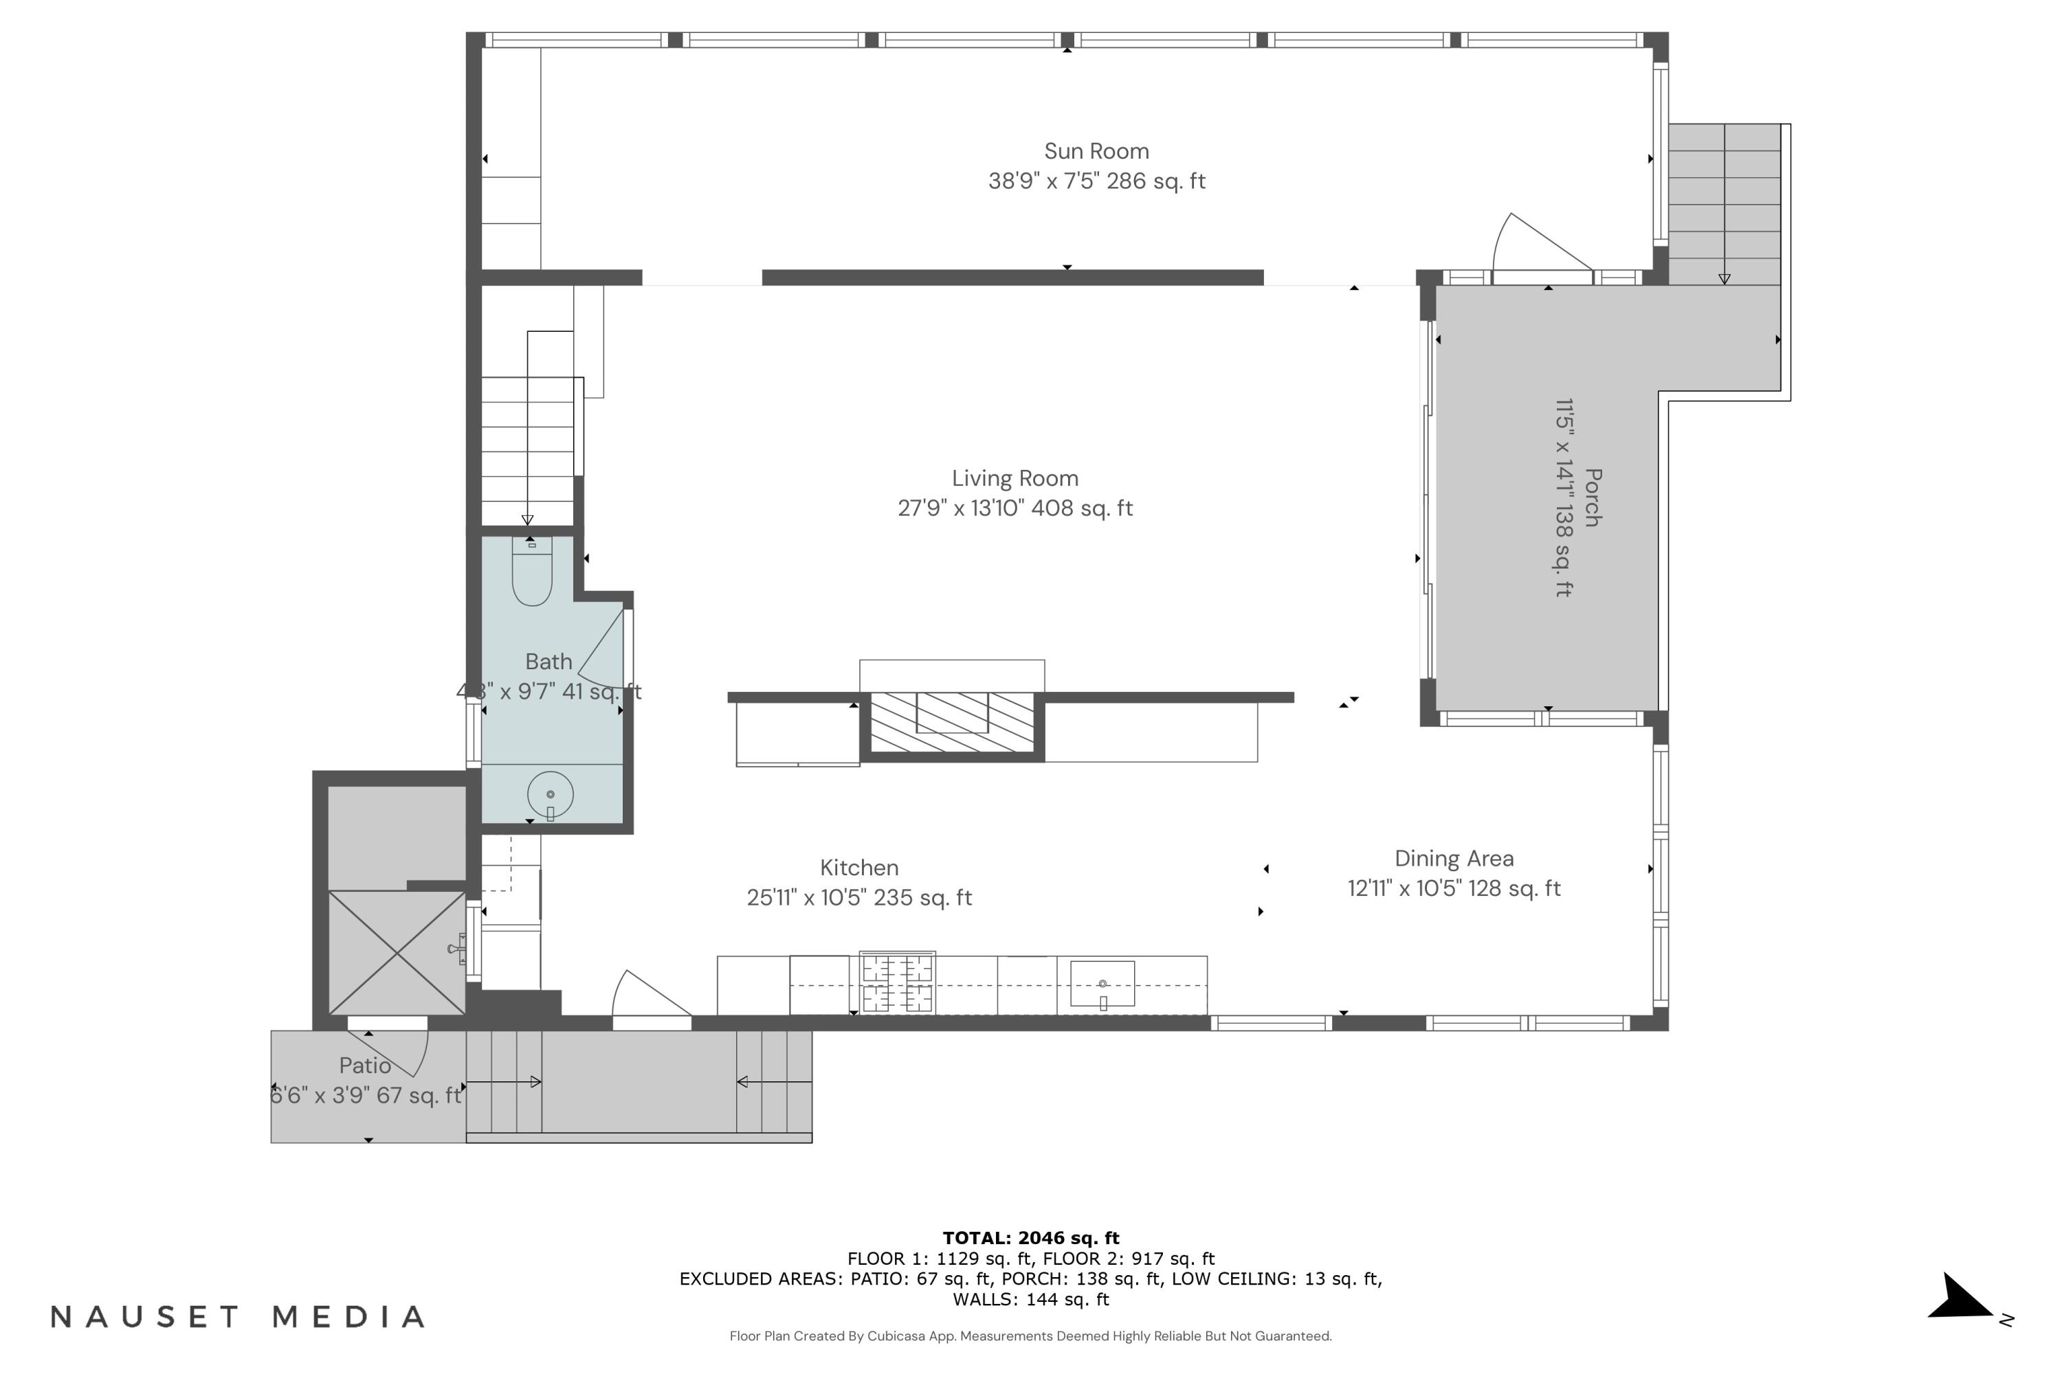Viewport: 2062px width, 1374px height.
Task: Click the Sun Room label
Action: click(1096, 152)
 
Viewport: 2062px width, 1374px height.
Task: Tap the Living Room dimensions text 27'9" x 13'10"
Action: click(1015, 508)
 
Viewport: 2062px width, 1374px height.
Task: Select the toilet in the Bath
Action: click(531, 574)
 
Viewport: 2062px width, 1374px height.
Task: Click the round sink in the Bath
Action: click(550, 795)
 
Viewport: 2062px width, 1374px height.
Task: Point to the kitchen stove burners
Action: click(897, 983)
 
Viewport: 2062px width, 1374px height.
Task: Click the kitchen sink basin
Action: click(1102, 983)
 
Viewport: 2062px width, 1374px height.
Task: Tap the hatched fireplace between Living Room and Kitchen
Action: click(952, 722)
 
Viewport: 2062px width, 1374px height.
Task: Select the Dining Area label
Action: click(1454, 859)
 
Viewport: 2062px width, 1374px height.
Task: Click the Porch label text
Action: click(1592, 497)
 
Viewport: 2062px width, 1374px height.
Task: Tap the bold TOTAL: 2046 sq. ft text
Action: click(1030, 1238)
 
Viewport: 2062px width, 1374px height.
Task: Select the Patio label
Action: click(365, 1066)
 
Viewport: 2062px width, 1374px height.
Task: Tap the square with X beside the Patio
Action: click(397, 952)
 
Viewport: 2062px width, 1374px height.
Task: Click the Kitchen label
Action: click(858, 868)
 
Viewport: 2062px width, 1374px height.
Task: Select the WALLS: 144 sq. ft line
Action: click(1030, 1300)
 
